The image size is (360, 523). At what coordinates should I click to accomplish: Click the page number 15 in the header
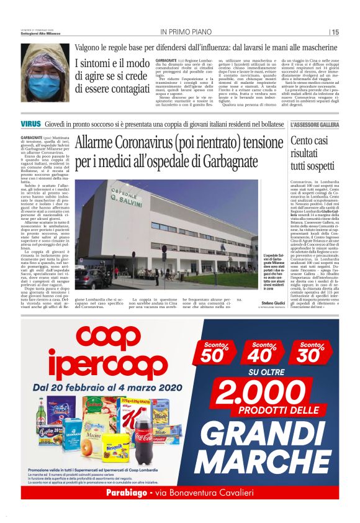click(335, 32)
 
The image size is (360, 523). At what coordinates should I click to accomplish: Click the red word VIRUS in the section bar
click(31, 125)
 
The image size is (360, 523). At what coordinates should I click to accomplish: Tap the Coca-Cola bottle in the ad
click(143, 434)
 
